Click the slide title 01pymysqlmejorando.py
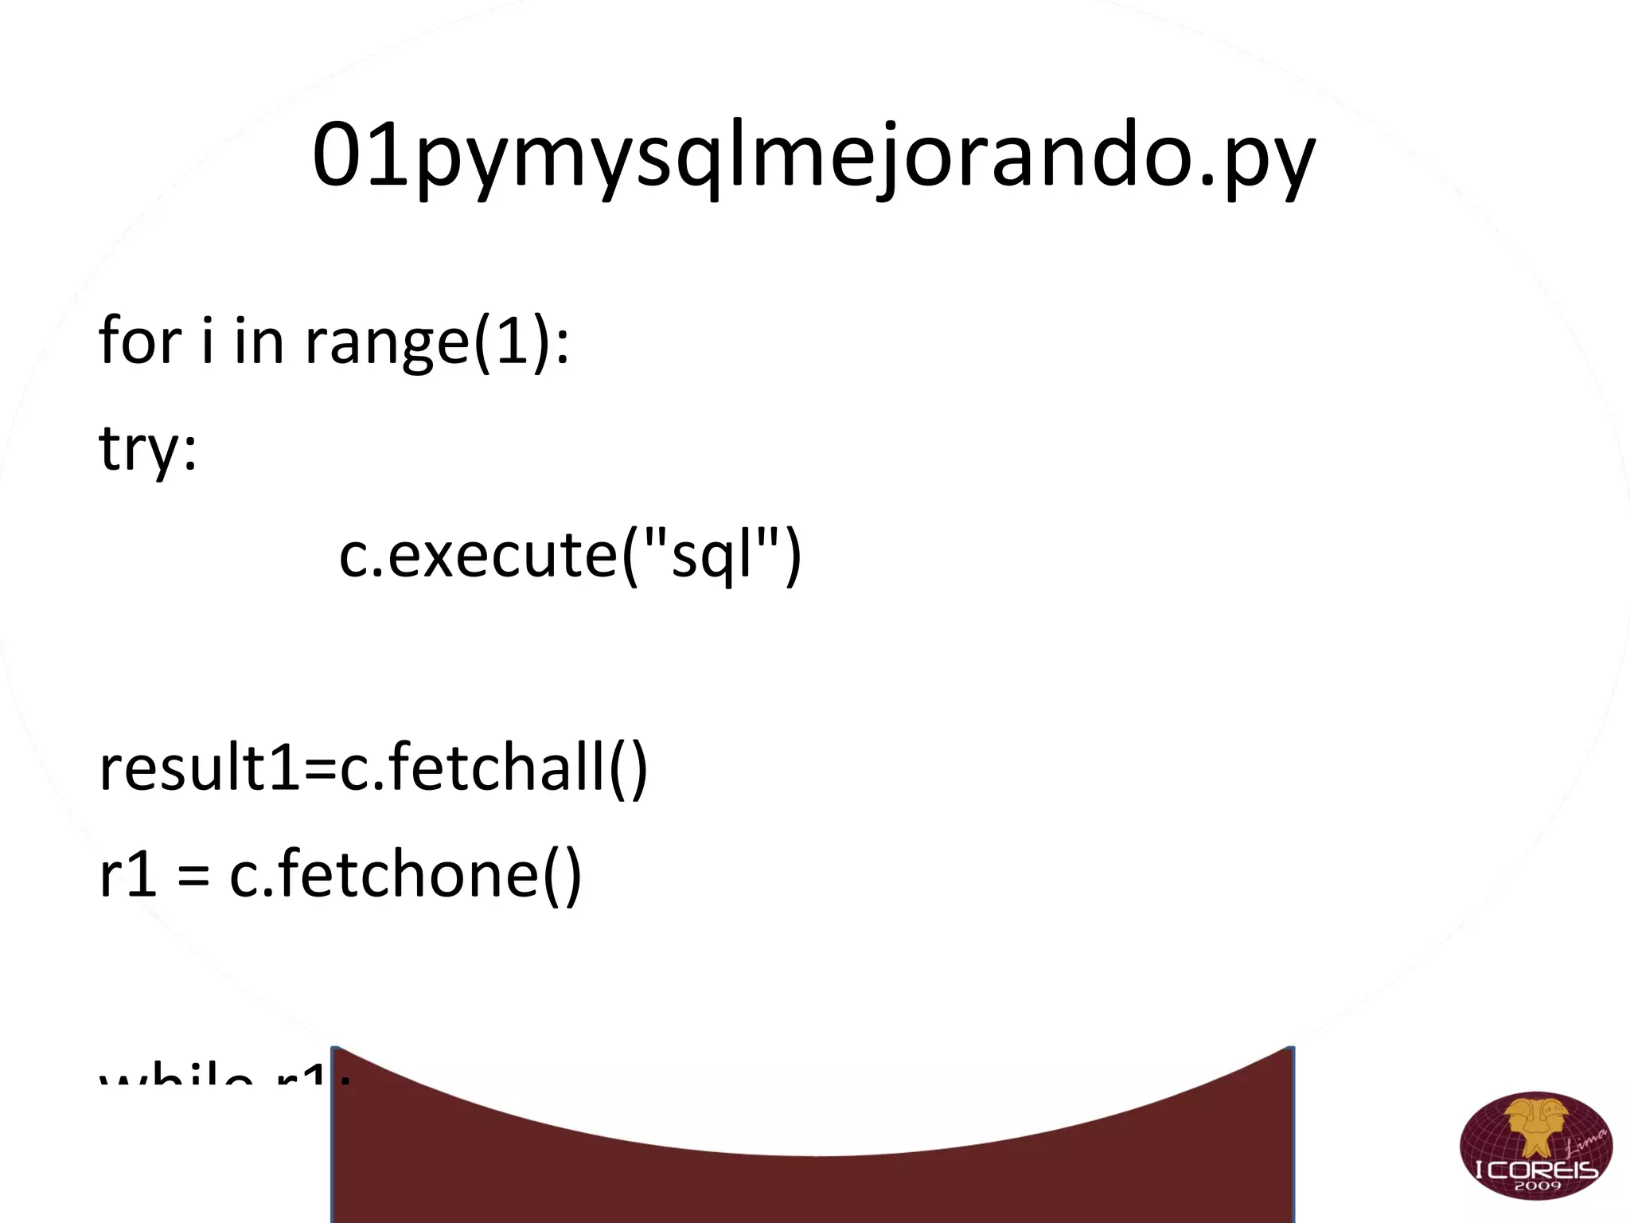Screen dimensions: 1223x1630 (x=813, y=155)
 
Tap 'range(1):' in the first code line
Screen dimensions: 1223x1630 (x=438, y=341)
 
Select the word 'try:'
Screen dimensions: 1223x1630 (x=148, y=448)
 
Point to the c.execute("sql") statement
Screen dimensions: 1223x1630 (x=570, y=555)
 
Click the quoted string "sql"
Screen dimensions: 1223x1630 (x=712, y=555)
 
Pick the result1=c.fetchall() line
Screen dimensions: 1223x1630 (x=373, y=768)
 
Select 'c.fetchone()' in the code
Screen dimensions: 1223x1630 (x=406, y=874)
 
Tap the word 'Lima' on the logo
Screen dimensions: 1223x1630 (x=1584, y=1147)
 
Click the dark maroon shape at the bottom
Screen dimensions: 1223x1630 (x=812, y=1178)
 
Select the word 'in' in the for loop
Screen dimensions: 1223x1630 (x=259, y=341)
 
